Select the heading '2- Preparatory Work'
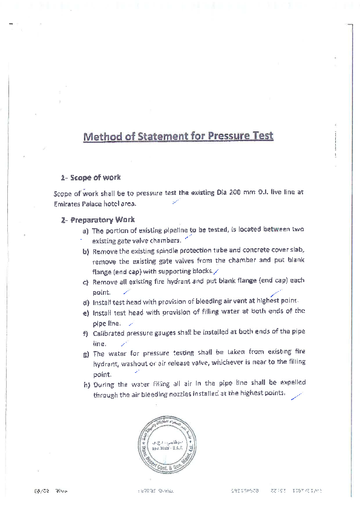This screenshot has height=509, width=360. tap(98, 220)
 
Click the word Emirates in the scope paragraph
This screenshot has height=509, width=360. tap(67, 203)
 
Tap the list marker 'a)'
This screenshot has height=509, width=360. tap(86, 231)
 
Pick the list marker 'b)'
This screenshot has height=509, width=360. tap(86, 251)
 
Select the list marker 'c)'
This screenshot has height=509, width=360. tap(86, 282)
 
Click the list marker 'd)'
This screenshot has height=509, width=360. tap(86, 302)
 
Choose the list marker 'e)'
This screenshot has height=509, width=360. tap(86, 313)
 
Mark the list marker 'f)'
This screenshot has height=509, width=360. tap(86, 333)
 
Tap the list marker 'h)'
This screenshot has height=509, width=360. tap(86, 384)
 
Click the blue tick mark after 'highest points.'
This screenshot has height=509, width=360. tap(296, 396)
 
